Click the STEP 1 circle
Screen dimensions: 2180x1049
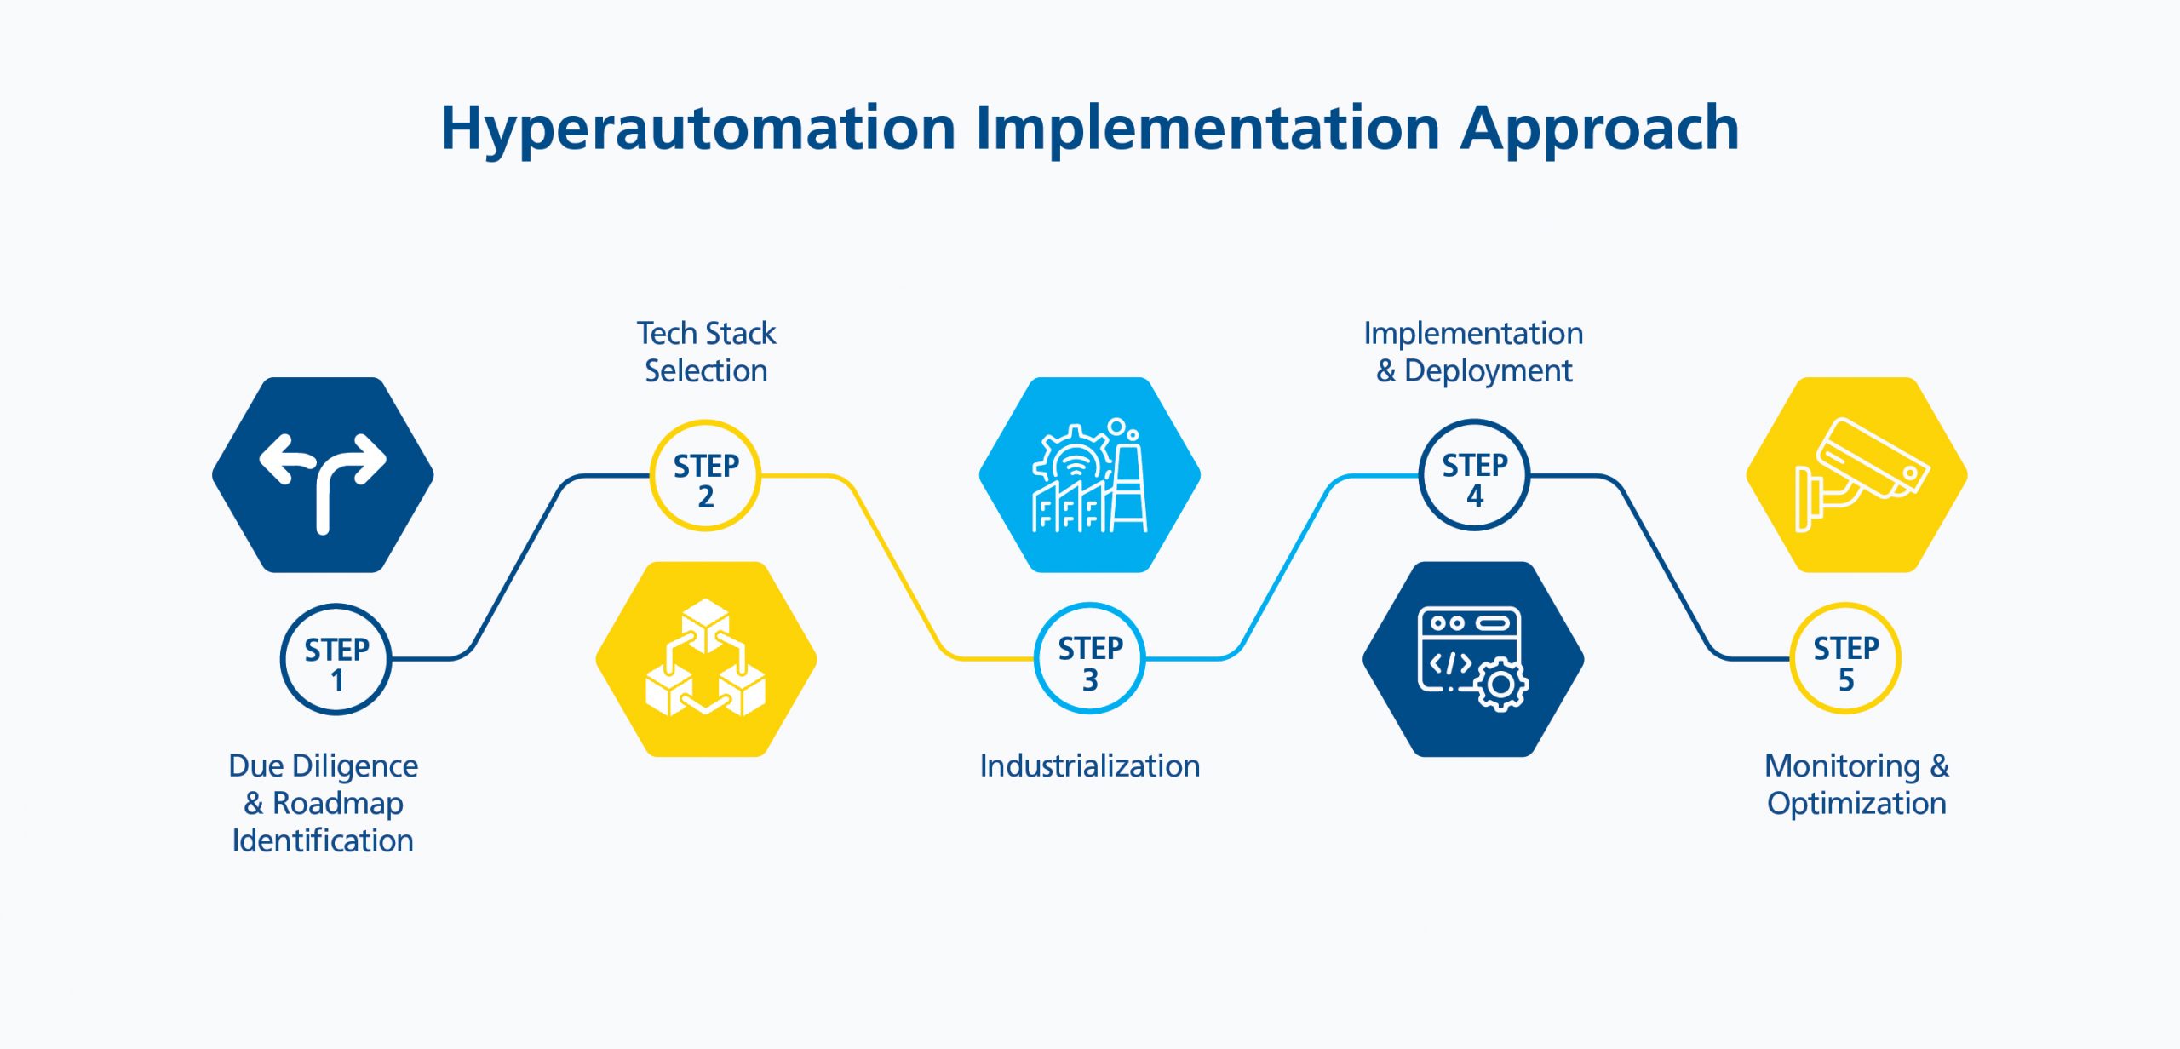coord(336,659)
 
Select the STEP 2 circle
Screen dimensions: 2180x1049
coord(705,475)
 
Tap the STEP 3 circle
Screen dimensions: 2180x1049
coord(1090,658)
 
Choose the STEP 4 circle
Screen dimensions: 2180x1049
coord(1475,475)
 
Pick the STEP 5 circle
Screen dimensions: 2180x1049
coord(1845,658)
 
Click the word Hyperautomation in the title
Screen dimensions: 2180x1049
coord(698,129)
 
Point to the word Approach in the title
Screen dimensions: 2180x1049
coord(1599,129)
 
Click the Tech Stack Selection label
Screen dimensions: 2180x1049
coord(706,352)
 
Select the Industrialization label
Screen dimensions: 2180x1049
coord(1090,765)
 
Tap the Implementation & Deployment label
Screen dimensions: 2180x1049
coord(1474,352)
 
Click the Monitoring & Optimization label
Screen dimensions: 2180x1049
coord(1856,784)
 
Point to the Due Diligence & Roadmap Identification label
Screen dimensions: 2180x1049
coord(324,803)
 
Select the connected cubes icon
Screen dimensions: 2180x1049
coord(706,657)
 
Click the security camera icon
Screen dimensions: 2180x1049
coord(1862,474)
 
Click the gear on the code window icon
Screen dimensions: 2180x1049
coord(1501,685)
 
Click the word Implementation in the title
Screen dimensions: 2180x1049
coord(1208,128)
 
